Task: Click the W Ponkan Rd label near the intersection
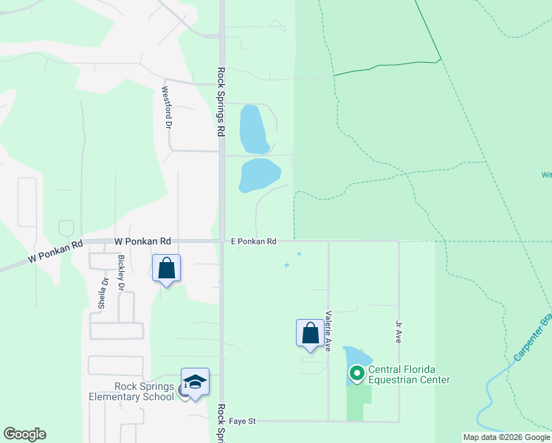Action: (143, 241)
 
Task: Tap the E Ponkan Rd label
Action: (253, 241)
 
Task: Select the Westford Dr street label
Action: (167, 108)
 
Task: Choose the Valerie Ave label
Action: (328, 329)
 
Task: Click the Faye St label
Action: (241, 421)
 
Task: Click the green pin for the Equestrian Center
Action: (357, 374)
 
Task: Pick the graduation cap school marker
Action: (195, 383)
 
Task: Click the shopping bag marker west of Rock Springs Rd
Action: (167, 269)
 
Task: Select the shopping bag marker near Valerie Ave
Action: (311, 333)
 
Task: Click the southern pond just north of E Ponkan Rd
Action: (259, 175)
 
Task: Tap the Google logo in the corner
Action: (24, 434)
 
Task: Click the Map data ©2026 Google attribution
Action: (506, 437)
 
